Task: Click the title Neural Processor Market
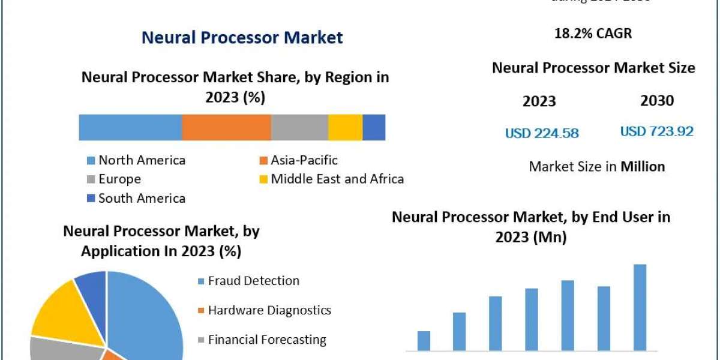point(242,38)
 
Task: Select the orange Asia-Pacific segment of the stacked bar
point(226,127)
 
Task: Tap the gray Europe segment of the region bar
point(299,127)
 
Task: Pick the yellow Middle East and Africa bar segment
point(345,127)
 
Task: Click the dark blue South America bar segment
point(374,127)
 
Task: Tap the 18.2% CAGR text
point(593,34)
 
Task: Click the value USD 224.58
point(542,133)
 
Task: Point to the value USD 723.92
point(656,131)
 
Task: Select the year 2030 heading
point(657,101)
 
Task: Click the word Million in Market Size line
point(643,166)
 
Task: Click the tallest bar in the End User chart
point(640,307)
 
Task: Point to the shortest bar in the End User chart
point(424,341)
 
